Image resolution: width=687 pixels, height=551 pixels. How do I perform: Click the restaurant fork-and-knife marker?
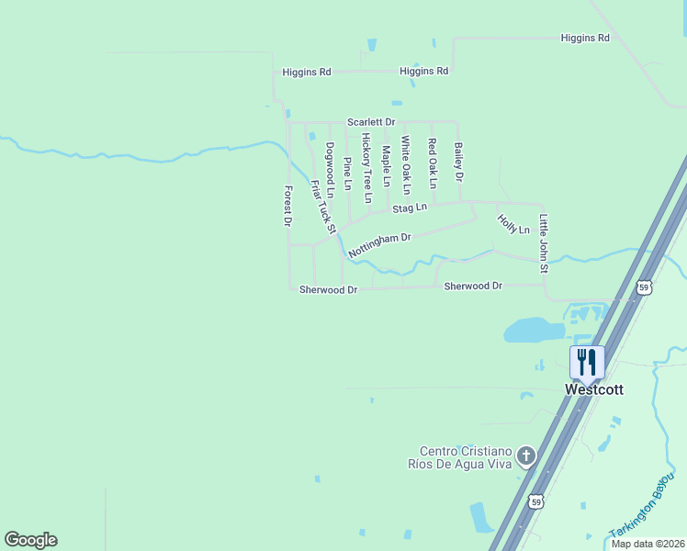587,362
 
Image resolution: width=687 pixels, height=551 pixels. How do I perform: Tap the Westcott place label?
593,389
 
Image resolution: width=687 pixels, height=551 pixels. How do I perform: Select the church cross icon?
526,455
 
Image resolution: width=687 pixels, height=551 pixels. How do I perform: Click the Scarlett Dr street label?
371,122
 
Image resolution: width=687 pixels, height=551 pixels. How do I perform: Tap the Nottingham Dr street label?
378,243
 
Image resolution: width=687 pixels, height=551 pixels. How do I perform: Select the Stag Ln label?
410,208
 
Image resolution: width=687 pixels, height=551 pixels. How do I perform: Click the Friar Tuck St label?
323,206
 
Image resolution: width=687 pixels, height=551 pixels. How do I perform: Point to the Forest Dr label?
287,206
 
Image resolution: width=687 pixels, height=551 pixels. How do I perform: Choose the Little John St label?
543,243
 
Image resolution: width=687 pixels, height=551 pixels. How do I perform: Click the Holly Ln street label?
513,223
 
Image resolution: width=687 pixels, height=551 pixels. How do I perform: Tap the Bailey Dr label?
458,162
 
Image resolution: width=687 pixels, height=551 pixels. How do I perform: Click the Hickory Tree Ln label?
366,168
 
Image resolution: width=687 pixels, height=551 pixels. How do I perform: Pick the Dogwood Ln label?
329,168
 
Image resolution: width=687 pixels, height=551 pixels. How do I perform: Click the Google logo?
30,540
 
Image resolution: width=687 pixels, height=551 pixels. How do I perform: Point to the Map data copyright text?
648,544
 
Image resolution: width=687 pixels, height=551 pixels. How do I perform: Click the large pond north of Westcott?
533,329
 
